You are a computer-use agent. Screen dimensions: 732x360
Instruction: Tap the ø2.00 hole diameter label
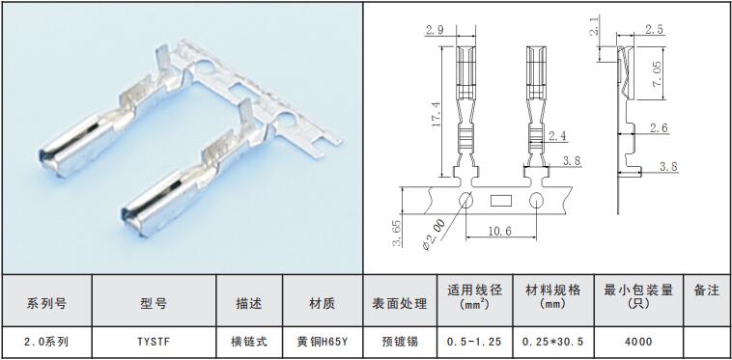click(434, 235)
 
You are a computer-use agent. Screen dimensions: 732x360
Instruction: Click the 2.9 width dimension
click(435, 30)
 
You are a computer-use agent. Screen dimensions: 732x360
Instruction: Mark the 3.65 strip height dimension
click(397, 233)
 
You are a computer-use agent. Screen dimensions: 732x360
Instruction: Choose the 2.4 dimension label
click(558, 136)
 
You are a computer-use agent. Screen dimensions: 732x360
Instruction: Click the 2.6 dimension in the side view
click(658, 127)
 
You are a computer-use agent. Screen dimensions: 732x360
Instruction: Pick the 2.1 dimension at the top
click(594, 26)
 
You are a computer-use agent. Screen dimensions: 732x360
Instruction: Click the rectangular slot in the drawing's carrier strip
click(501, 201)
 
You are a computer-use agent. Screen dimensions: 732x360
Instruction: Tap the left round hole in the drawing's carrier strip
click(465, 201)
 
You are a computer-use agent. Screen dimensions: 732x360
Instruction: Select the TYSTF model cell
click(155, 342)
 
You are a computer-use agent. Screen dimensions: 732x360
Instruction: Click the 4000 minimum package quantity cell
click(638, 342)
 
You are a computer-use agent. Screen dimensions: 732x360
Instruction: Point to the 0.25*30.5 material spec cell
click(553, 342)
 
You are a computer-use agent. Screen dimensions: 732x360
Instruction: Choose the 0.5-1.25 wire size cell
click(474, 342)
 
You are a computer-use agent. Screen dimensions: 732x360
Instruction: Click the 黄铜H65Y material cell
click(323, 342)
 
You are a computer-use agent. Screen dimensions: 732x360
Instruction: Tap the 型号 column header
click(154, 304)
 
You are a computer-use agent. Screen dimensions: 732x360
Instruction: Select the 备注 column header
click(707, 291)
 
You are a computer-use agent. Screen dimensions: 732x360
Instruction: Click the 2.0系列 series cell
click(46, 342)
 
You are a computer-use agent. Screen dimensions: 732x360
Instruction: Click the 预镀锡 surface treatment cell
click(400, 342)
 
